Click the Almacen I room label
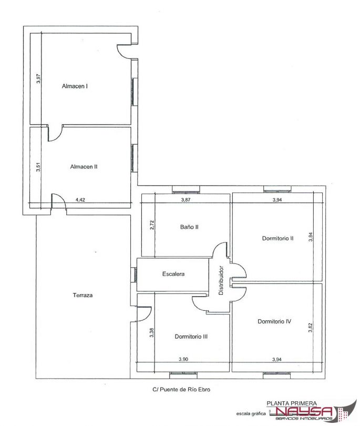point(75,86)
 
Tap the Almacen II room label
point(84,167)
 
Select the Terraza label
point(83,295)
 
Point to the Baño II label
point(189,227)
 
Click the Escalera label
point(173,274)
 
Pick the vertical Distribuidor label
point(221,280)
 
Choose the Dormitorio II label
point(277,238)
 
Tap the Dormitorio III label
point(191,337)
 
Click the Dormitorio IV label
point(274,321)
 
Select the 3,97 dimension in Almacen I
point(38,78)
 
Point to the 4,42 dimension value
point(80,200)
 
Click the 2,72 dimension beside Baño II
point(152,225)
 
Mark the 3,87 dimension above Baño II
point(186,200)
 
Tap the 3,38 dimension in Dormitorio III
point(152,332)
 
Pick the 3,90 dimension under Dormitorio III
point(183,359)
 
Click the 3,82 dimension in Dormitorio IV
point(311,327)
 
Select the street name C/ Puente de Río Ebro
point(181,389)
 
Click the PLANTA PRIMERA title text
point(292,403)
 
